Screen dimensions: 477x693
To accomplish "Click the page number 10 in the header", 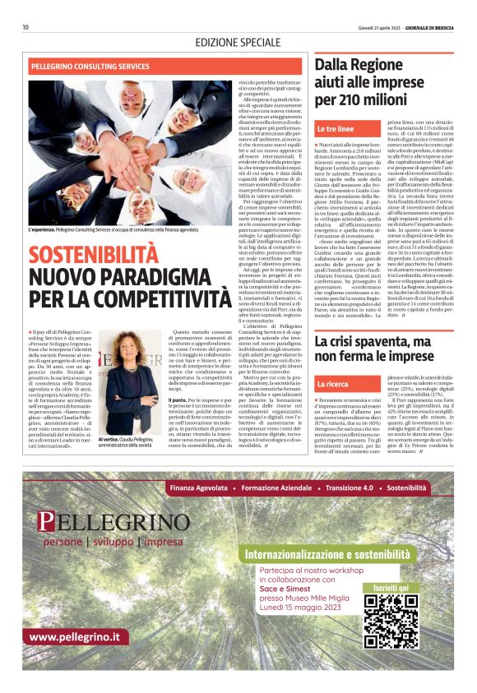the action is point(25,27).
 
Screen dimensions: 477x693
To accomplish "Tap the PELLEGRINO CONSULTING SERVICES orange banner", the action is point(90,66).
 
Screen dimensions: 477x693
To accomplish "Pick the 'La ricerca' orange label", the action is point(333,383).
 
